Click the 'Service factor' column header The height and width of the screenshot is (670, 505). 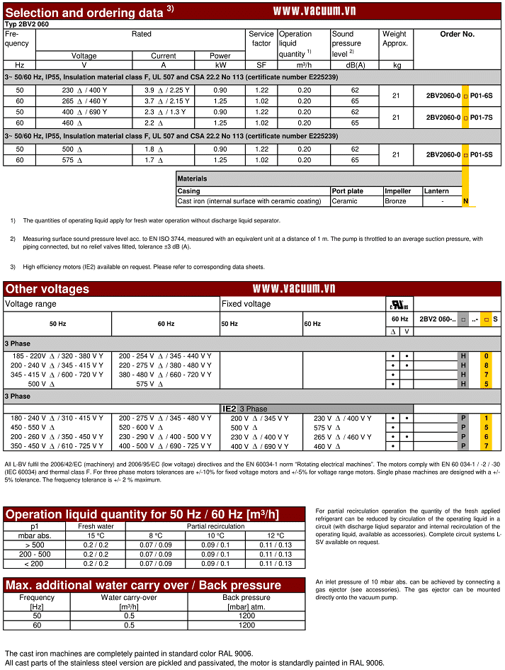click(261, 38)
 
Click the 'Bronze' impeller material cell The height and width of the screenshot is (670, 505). click(395, 201)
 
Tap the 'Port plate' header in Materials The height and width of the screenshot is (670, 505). click(347, 191)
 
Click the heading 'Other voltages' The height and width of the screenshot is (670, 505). click(47, 289)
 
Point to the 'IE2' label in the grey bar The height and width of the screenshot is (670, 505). click(229, 409)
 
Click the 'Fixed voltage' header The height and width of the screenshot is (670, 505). click(246, 304)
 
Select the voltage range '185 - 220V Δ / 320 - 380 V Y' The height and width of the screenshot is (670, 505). click(57, 356)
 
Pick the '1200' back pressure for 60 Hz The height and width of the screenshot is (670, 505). click(246, 625)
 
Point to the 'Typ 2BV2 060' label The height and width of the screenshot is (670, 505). click(28, 24)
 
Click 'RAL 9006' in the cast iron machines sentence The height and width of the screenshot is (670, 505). click(233, 653)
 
